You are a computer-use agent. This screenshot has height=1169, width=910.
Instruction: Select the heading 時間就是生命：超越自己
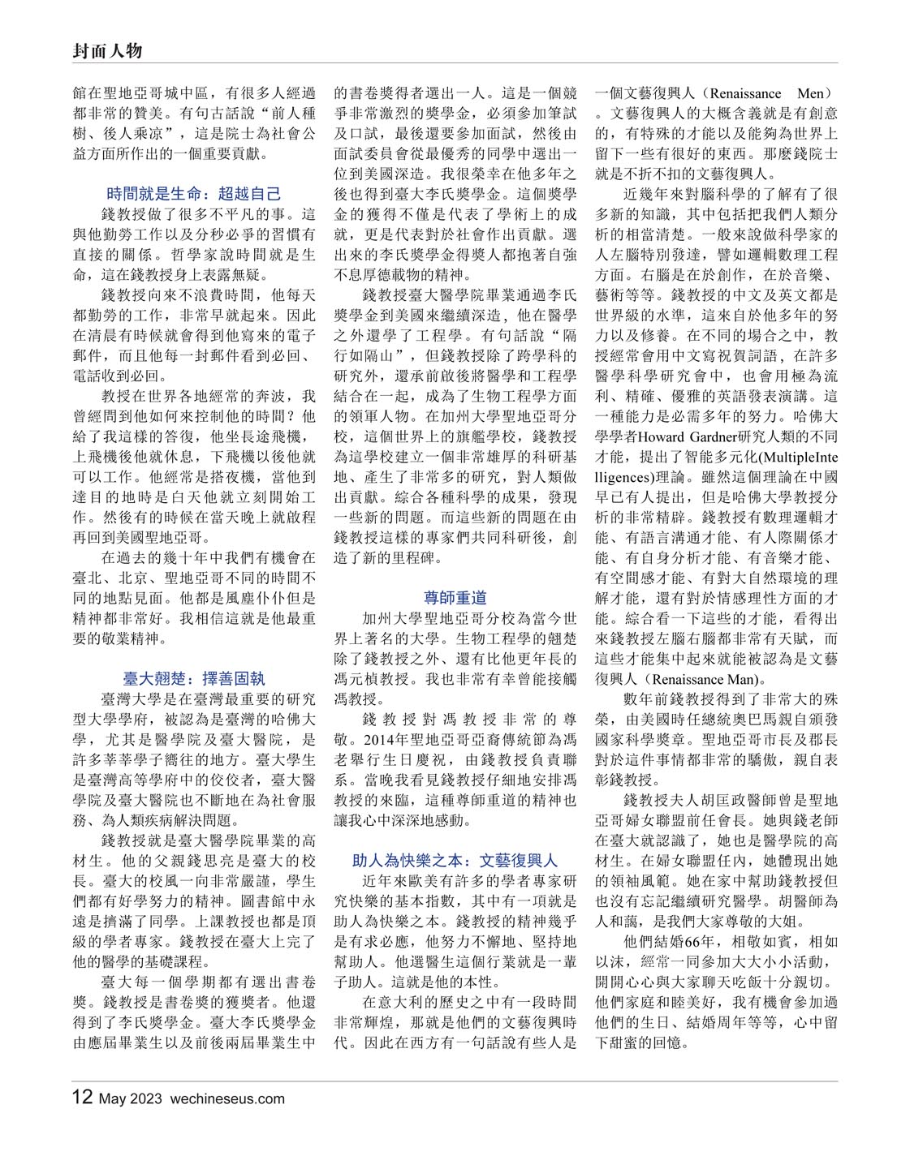[x=194, y=194]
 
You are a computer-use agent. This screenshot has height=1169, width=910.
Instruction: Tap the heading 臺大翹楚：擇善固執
[x=194, y=678]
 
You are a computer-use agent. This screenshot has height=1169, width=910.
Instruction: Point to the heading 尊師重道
[x=455, y=598]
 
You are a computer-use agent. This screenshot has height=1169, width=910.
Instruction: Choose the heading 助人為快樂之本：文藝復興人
[x=455, y=860]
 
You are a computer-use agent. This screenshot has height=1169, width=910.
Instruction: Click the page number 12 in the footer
[x=82, y=1098]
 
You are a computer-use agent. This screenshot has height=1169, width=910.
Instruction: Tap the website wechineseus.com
[x=228, y=1099]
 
